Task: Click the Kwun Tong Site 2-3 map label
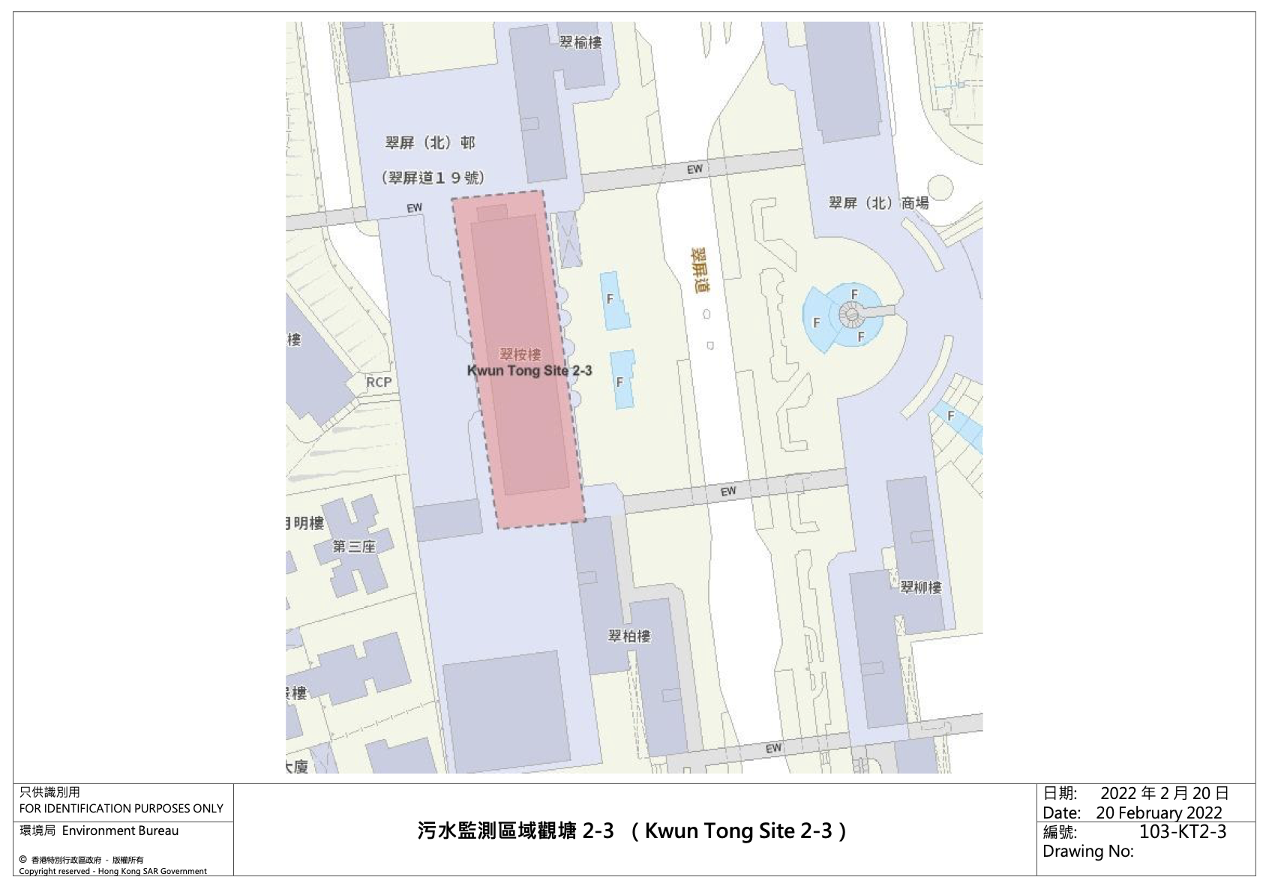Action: pos(529,370)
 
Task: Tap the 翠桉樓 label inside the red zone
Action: pos(520,354)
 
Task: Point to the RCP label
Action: pos(379,382)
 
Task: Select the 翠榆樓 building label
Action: pos(580,43)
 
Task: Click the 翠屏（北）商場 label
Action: pos(878,203)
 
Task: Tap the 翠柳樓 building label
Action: pos(921,587)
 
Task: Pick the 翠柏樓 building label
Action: pos(629,636)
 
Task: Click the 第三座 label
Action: pos(354,546)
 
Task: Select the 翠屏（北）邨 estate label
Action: pos(430,142)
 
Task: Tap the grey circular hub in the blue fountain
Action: pos(851,314)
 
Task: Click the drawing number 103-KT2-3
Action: pos(1183,831)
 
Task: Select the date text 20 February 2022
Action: pos(1159,813)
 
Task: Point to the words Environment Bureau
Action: pos(120,831)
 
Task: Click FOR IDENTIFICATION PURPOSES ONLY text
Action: pos(121,808)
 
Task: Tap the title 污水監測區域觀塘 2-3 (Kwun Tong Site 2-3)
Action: pos(633,831)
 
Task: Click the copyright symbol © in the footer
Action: pos(22,860)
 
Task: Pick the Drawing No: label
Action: pos(1087,852)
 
